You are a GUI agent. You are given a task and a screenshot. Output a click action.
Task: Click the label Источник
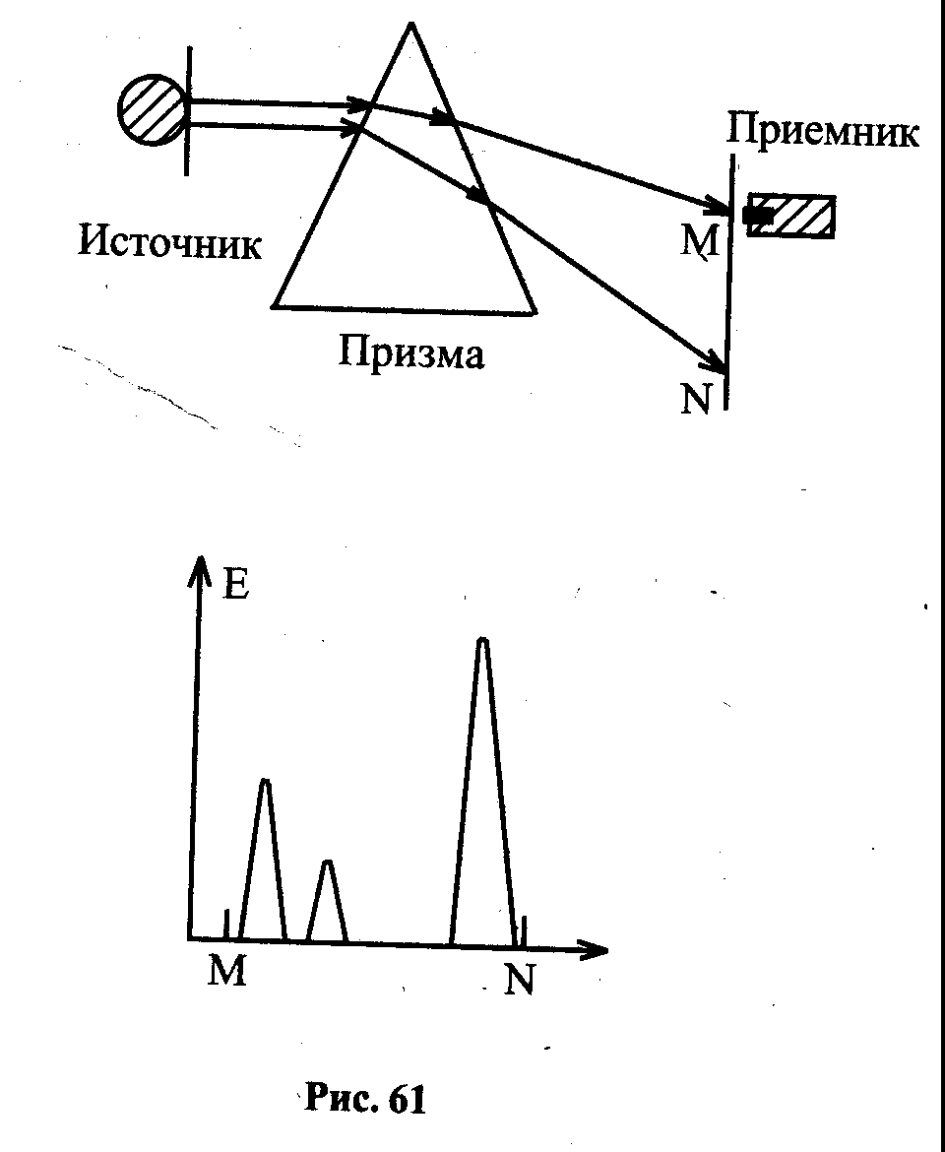tap(169, 242)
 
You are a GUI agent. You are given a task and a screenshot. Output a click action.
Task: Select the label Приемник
tap(822, 132)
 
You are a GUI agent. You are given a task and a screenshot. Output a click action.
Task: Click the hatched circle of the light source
tap(152, 110)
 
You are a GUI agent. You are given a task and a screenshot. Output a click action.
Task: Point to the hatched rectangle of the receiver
tap(790, 216)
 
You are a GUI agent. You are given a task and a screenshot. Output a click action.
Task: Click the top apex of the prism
tap(411, 24)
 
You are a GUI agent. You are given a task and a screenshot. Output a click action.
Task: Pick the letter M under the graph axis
tap(226, 972)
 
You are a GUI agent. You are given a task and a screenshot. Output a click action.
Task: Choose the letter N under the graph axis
tap(519, 979)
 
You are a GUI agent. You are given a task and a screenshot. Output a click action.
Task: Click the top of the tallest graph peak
tap(481, 641)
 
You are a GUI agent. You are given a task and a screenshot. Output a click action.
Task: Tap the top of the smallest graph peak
tap(328, 862)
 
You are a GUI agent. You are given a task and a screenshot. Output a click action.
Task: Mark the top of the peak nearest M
tap(265, 781)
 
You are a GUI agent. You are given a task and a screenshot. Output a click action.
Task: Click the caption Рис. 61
tap(365, 1100)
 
